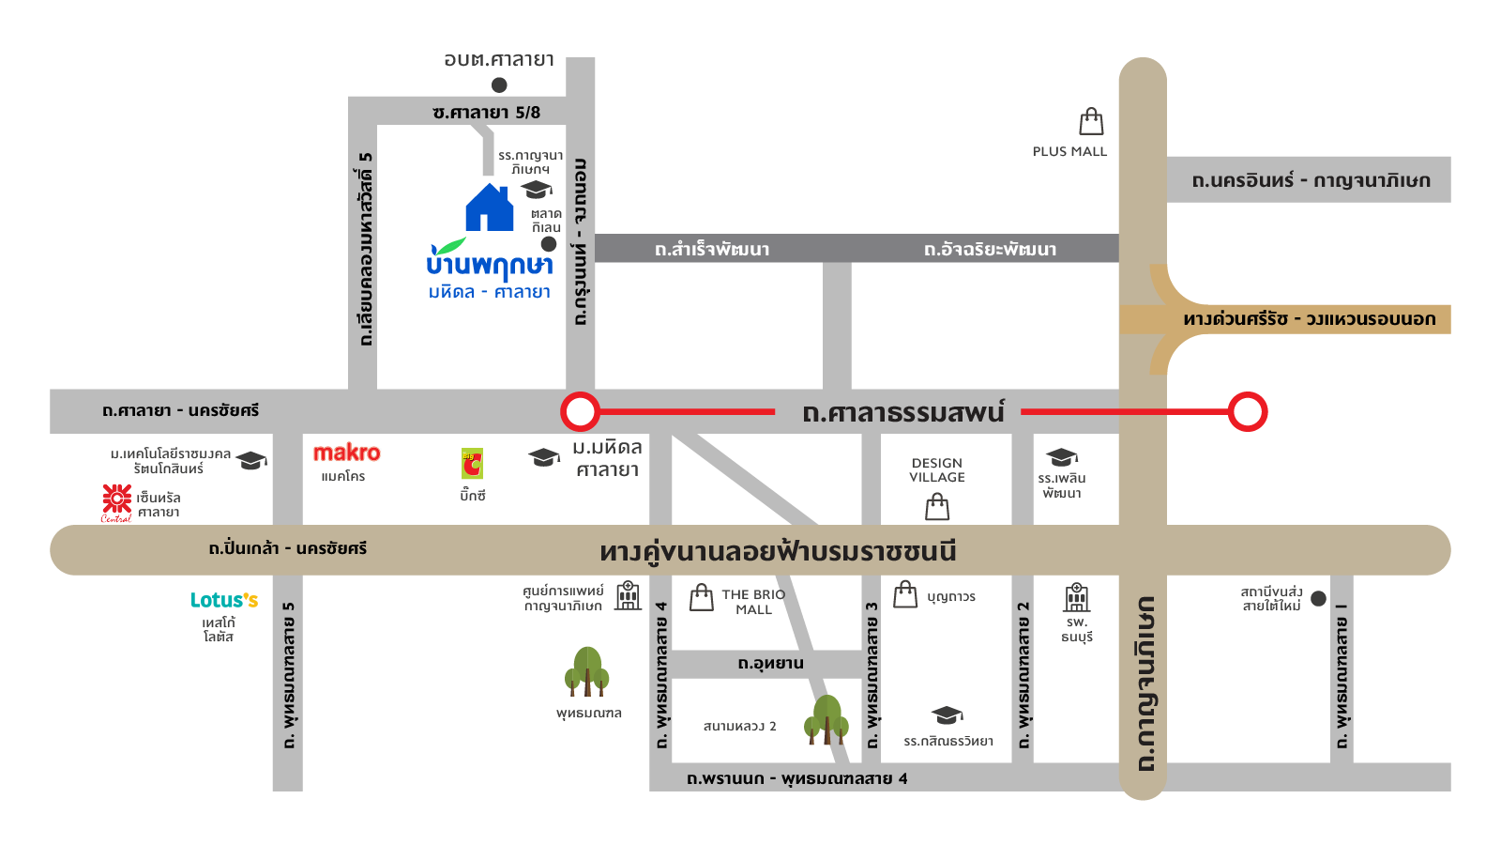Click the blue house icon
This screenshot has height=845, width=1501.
point(490,207)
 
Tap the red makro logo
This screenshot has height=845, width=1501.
point(346,453)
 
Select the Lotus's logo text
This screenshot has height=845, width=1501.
point(224,600)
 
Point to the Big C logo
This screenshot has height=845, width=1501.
point(472,464)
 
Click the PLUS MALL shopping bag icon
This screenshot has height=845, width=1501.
point(1091,121)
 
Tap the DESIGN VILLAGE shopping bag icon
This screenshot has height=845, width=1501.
point(937,507)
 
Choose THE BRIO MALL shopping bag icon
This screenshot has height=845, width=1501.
point(702,597)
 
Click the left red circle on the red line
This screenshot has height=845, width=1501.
point(580,411)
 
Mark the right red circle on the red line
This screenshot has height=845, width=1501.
point(1248,411)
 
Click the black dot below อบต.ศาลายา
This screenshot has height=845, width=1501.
point(499,85)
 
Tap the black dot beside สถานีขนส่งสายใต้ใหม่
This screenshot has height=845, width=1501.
point(1318,598)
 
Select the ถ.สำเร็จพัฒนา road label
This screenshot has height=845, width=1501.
point(712,249)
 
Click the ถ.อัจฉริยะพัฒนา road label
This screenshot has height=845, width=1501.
point(990,249)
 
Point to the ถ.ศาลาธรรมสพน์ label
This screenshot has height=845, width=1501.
point(902,412)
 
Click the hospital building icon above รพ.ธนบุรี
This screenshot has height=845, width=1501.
point(1077,597)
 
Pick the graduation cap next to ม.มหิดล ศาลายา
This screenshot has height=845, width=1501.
point(544,457)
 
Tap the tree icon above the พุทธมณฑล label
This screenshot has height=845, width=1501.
point(587,671)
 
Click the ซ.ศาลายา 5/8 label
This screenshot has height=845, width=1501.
point(486,113)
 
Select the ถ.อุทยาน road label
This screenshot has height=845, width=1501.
point(770,664)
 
